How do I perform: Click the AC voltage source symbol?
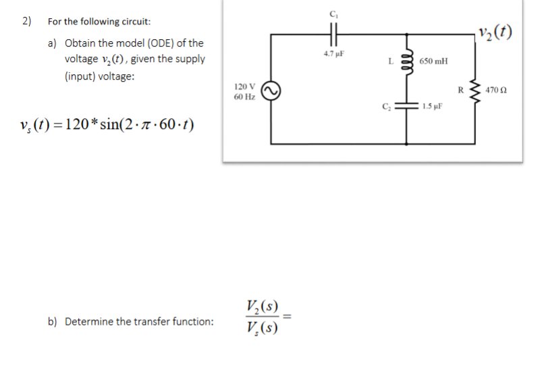tap(271, 90)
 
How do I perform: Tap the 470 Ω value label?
tap(500, 89)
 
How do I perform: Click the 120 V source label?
tap(244, 86)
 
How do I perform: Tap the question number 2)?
tap(27, 20)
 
